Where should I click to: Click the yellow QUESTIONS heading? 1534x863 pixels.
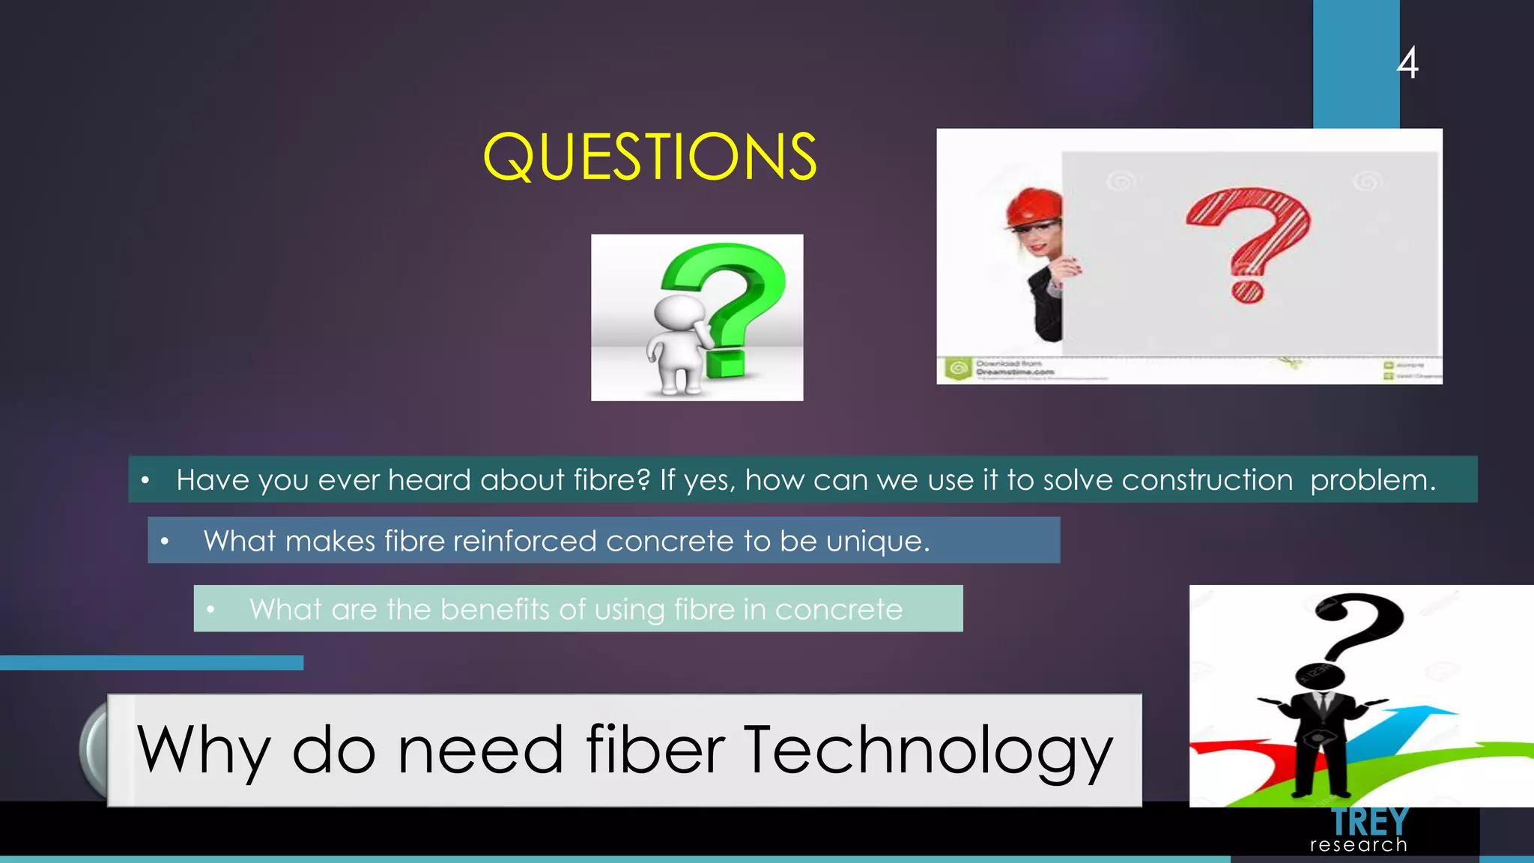tap(649, 157)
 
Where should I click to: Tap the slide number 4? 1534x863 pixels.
tap(1407, 63)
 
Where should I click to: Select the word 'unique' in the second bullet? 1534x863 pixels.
tap(876, 541)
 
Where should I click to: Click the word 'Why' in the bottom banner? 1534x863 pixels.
tap(202, 750)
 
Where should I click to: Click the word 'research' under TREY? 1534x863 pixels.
tap(1358, 846)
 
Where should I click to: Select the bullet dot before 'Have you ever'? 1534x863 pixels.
tap(145, 480)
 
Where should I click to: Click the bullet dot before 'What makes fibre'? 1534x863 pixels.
tap(165, 541)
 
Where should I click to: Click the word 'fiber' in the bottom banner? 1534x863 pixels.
tap(655, 750)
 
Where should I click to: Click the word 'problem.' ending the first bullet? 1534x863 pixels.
tap(1373, 480)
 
